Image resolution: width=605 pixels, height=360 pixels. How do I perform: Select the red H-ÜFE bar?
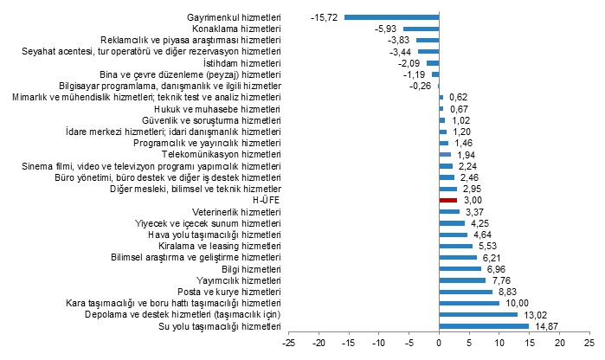tap(447, 199)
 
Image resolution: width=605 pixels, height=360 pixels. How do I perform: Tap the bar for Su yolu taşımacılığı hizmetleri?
tap(484, 325)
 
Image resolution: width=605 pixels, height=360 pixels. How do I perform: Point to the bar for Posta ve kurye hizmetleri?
tap(466, 291)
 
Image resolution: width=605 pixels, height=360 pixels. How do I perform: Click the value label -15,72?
tap(325, 16)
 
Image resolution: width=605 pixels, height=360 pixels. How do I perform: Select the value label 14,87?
tap(544, 325)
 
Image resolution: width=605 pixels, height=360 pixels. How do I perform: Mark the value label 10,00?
tap(515, 303)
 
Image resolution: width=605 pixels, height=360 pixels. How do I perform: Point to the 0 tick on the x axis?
tap(439, 344)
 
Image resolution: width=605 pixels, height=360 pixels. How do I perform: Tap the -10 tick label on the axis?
tap(378, 344)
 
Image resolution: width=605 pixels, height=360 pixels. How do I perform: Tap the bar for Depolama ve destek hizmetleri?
tap(478, 314)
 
